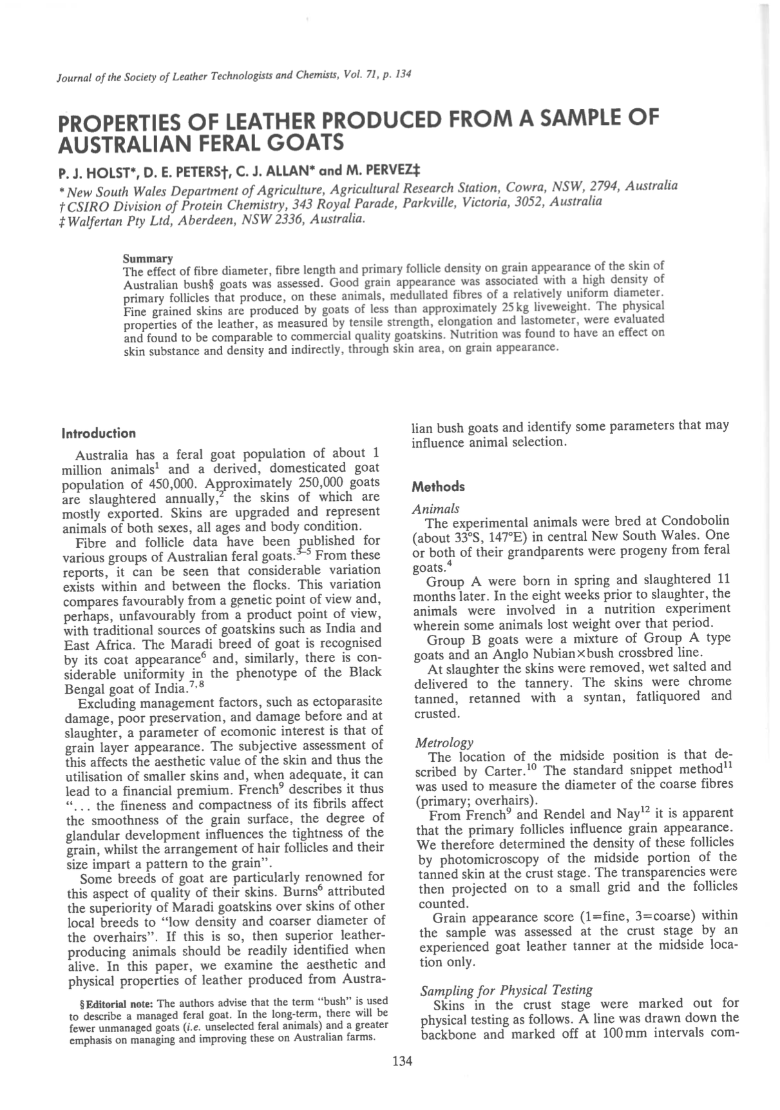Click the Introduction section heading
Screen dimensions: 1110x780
pyautogui.click(x=99, y=433)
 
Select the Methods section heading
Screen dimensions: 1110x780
pyautogui.click(x=439, y=486)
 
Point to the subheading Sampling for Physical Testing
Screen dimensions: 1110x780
pyautogui.click(x=506, y=989)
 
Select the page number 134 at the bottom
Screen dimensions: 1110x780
pyautogui.click(x=402, y=1061)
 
